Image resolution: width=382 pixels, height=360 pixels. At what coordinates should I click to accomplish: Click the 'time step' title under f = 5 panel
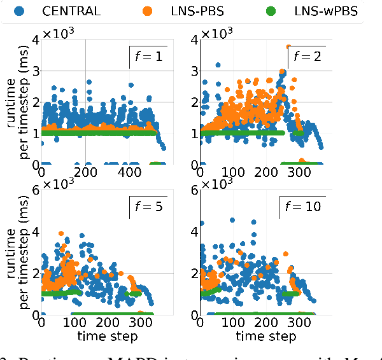coord(106,335)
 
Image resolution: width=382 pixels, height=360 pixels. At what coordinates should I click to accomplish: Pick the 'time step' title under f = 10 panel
coord(265,335)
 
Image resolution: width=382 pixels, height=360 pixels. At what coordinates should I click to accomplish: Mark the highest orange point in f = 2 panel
coord(288,46)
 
